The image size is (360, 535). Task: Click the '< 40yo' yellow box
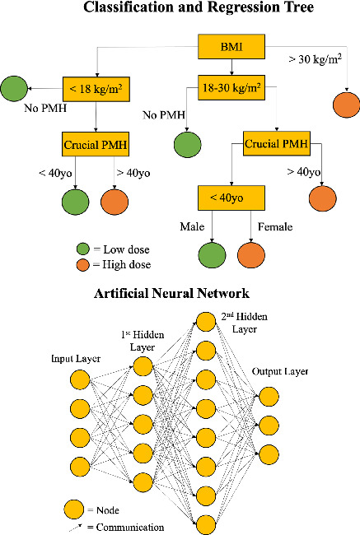[232, 198]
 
